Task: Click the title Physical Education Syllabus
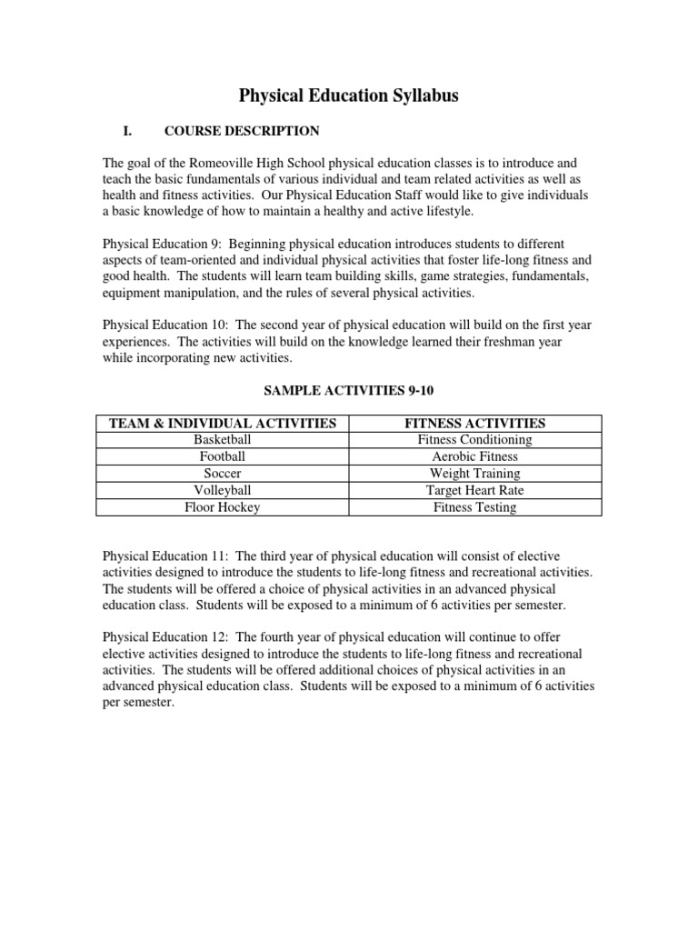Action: click(x=348, y=95)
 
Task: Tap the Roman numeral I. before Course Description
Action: click(x=127, y=132)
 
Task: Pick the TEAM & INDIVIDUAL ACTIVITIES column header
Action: click(x=223, y=423)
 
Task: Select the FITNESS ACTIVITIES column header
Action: click(x=475, y=423)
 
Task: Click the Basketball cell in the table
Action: click(x=223, y=440)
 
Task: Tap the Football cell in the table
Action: click(x=223, y=456)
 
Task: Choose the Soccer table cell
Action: click(x=223, y=474)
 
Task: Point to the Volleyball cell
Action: click(x=223, y=490)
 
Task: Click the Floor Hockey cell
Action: click(x=223, y=507)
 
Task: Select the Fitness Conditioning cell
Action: click(x=475, y=440)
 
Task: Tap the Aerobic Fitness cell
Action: click(x=475, y=456)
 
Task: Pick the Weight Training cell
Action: click(x=475, y=474)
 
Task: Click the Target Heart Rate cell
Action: click(x=475, y=490)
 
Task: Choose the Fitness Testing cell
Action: click(x=475, y=507)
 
